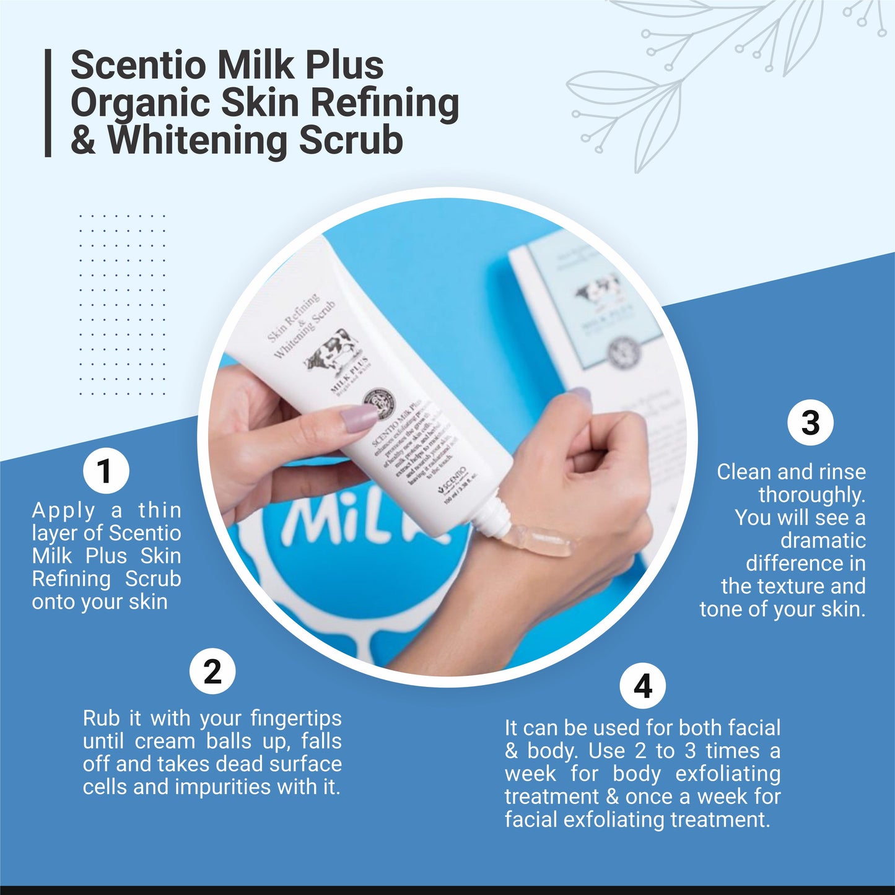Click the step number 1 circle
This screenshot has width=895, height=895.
click(x=106, y=471)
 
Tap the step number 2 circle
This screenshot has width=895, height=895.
click(x=212, y=671)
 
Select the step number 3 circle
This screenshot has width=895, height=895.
click(x=810, y=423)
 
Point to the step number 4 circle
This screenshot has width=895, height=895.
click(x=643, y=686)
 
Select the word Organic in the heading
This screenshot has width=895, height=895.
click(x=140, y=103)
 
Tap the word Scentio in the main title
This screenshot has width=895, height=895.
click(x=138, y=65)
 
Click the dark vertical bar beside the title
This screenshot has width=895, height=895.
click(x=48, y=103)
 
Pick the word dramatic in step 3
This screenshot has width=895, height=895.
click(x=823, y=541)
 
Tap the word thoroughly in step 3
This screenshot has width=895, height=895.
click(x=811, y=495)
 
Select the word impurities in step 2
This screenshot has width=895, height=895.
click(x=226, y=787)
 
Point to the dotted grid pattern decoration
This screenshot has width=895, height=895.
click(x=122, y=304)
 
